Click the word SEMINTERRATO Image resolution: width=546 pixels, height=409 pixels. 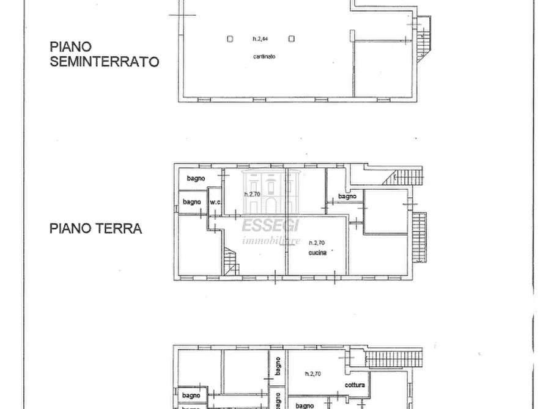pyautogui.click(x=105, y=61)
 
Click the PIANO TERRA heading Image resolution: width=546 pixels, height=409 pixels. pyautogui.click(x=96, y=229)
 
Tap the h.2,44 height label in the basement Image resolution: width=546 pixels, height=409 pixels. pyautogui.click(x=260, y=38)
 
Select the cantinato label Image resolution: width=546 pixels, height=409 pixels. pyautogui.click(x=264, y=57)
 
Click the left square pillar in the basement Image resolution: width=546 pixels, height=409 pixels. pyautogui.click(x=229, y=38)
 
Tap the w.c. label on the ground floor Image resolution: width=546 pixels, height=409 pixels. pyautogui.click(x=215, y=203)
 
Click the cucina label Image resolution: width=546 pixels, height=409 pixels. pyautogui.click(x=317, y=252)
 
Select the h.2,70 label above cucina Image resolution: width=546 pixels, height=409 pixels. pyautogui.click(x=317, y=242)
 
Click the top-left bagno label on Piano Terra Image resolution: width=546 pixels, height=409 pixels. pyautogui.click(x=196, y=178)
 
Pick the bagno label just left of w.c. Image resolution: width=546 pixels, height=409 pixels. pyautogui.click(x=191, y=202)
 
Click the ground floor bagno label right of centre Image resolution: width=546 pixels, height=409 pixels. pyautogui.click(x=347, y=197)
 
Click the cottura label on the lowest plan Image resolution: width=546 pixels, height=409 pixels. pyautogui.click(x=355, y=385)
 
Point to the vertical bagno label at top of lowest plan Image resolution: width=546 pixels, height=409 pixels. pyautogui.click(x=278, y=366)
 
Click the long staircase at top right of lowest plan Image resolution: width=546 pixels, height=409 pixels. pyautogui.click(x=394, y=359)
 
